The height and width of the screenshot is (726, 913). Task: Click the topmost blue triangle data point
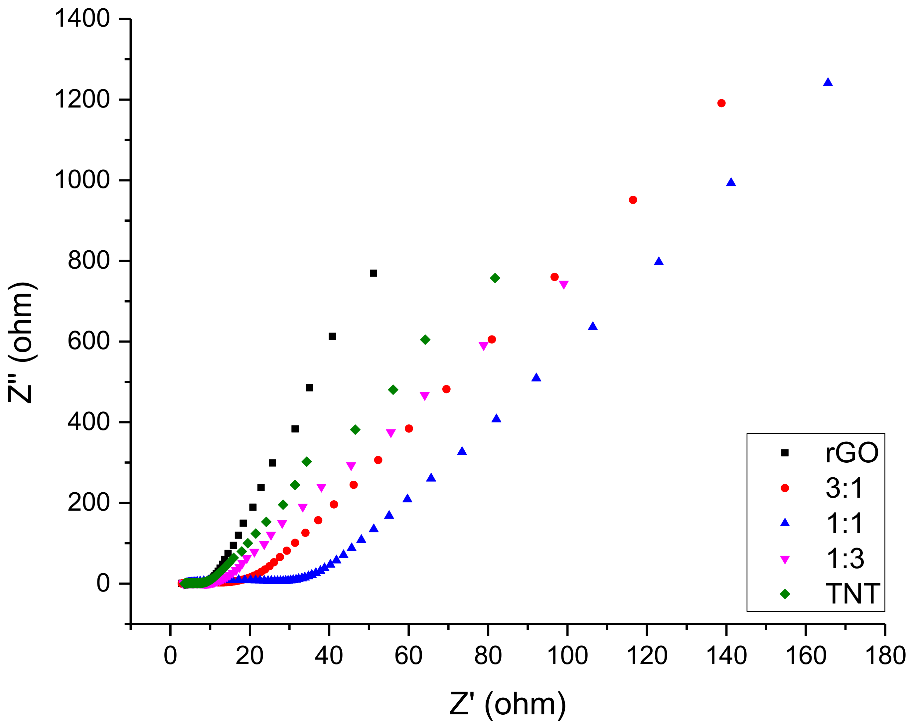pyautogui.click(x=828, y=83)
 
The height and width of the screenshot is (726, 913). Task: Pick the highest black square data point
pyautogui.click(x=374, y=273)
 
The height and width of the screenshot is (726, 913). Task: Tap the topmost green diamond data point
pyautogui.click(x=495, y=278)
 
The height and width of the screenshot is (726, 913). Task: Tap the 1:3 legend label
pyautogui.click(x=845, y=559)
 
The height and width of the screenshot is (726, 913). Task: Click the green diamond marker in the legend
pyautogui.click(x=785, y=594)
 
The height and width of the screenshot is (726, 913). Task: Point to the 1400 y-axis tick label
pyautogui.click(x=82, y=19)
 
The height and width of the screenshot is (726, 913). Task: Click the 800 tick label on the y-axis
pyautogui.click(x=88, y=260)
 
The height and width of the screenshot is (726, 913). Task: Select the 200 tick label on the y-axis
pyautogui.click(x=88, y=503)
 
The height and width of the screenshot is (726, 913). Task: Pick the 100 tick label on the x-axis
pyautogui.click(x=567, y=656)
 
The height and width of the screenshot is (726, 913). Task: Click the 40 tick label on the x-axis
pyautogui.click(x=329, y=656)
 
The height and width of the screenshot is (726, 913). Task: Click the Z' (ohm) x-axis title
pyautogui.click(x=507, y=704)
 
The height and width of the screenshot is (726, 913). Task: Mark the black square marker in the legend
pyautogui.click(x=785, y=453)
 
